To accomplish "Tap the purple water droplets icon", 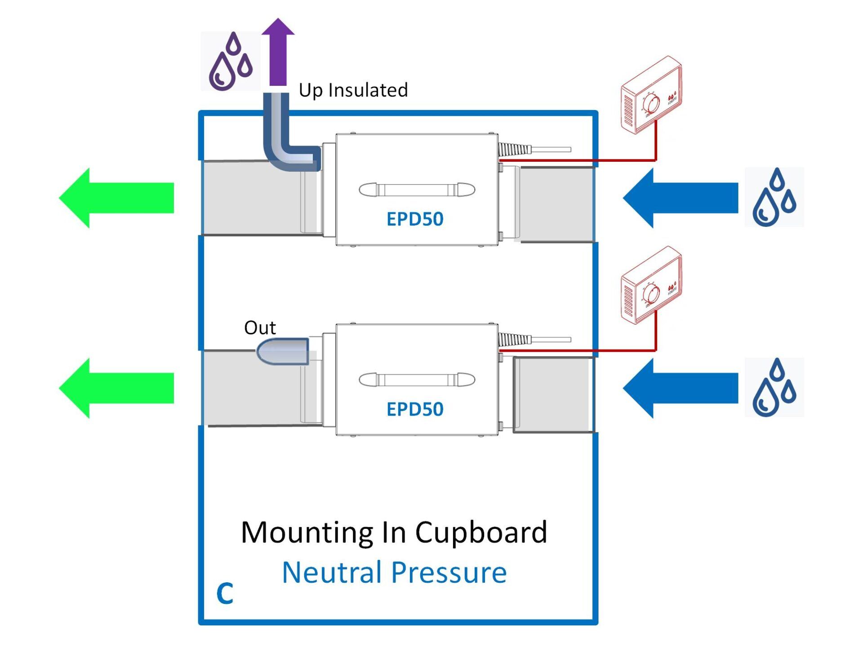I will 231,61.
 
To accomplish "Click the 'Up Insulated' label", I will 353,90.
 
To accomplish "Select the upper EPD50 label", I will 415,219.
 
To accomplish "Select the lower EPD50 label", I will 415,409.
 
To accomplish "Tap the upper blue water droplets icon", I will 774,197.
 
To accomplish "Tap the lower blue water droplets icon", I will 774,387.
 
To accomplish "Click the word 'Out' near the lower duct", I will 260,328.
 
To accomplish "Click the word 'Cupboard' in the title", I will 481,532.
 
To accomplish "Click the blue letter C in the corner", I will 225,593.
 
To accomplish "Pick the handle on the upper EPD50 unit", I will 417,190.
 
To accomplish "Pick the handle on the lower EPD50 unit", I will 417,380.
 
